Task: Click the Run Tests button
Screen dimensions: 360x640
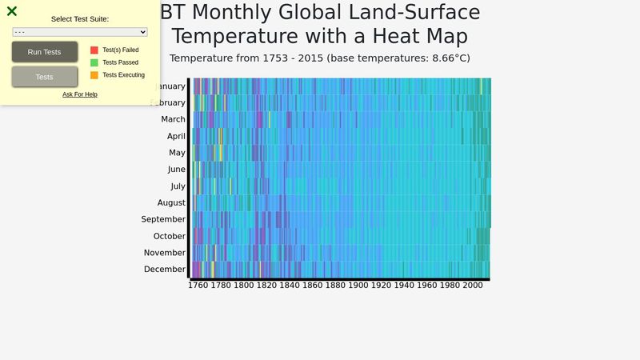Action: [x=45, y=52]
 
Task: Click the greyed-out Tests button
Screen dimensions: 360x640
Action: [x=45, y=77]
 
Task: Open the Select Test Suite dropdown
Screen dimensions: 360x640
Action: [x=80, y=32]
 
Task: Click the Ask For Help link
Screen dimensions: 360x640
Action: [x=80, y=94]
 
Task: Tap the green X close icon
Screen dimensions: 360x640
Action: [x=12, y=11]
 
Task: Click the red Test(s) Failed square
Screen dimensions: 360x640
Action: [x=94, y=50]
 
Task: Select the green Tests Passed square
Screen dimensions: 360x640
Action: [x=94, y=62]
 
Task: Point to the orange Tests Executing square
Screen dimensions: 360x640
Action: [x=94, y=75]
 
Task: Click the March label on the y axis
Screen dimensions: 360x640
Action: [x=173, y=119]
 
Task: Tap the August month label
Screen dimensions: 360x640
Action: [x=171, y=203]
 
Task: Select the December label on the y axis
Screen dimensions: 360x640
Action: [x=165, y=270]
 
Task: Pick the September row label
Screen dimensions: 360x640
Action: [x=163, y=220]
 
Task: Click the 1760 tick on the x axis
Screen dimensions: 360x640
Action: [x=198, y=286]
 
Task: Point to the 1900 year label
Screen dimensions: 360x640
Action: [x=358, y=286]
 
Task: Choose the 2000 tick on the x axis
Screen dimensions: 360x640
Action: [x=472, y=286]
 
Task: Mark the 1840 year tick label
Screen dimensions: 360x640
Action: [x=289, y=286]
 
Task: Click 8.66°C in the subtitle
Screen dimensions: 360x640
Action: [x=448, y=58]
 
